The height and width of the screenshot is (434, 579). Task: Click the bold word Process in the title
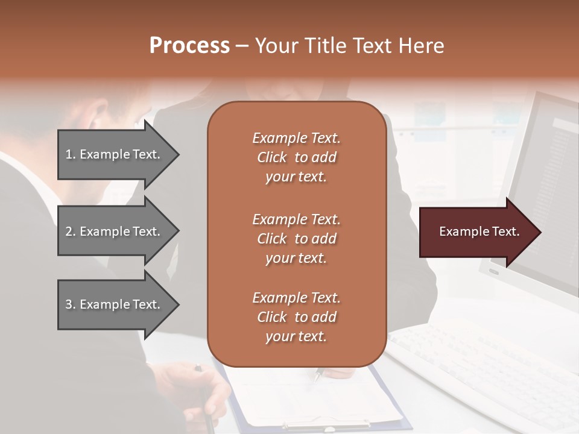189,46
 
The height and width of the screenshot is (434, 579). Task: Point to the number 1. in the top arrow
71,154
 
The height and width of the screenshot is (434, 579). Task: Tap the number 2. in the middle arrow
71,231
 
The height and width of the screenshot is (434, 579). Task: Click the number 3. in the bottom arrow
71,304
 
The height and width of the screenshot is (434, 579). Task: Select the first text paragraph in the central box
296,157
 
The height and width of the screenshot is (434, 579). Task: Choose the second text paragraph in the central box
296,238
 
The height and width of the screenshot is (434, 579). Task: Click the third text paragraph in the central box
296,317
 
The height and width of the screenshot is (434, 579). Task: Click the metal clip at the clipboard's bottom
326,424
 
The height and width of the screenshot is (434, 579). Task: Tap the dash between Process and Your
242,46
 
